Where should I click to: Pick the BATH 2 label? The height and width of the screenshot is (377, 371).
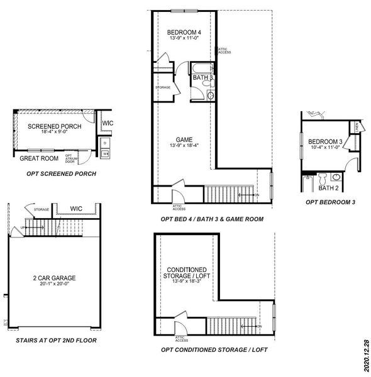[x=328, y=188]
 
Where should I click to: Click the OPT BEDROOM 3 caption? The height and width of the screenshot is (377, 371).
[x=330, y=202]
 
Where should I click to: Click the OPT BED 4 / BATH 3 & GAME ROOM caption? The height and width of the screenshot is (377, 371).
[x=211, y=219]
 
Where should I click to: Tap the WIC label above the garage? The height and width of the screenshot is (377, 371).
[x=77, y=208]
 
